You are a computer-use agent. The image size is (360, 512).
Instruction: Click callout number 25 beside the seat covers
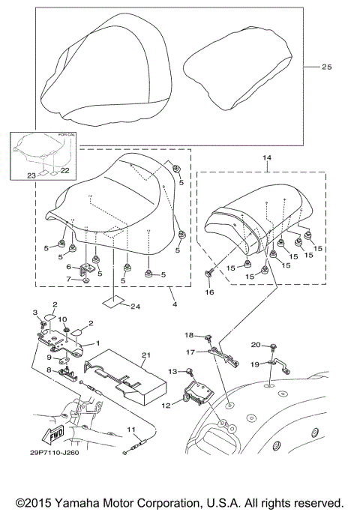[x=325, y=67]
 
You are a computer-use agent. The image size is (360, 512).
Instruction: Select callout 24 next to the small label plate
[x=135, y=306]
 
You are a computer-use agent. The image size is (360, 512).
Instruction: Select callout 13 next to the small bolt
[x=172, y=371]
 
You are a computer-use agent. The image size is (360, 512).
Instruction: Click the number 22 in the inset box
[x=65, y=171]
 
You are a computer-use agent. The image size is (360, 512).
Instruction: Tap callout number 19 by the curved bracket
[x=255, y=364]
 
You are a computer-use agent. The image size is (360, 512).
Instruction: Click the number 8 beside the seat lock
[x=48, y=370]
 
